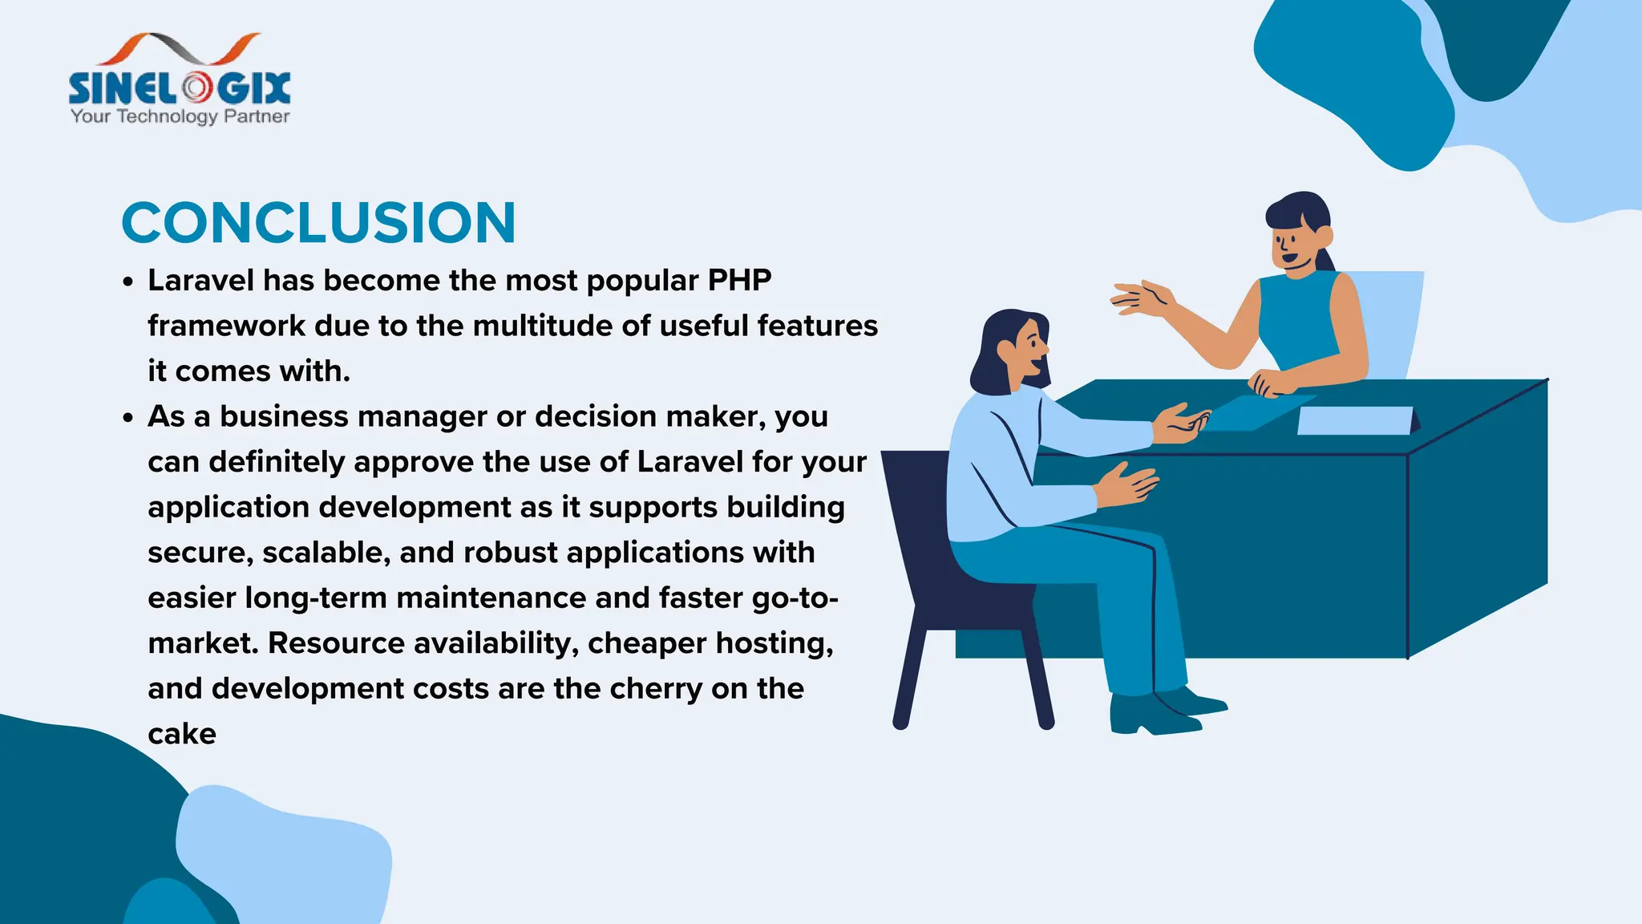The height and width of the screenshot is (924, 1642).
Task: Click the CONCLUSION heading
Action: point(318,223)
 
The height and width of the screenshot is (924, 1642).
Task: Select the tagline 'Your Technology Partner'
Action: point(180,116)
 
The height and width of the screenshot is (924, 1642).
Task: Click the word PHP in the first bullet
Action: point(739,281)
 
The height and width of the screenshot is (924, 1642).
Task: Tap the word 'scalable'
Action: point(326,553)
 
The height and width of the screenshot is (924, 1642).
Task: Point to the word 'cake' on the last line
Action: point(182,734)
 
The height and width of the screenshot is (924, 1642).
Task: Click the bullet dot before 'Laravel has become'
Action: point(128,283)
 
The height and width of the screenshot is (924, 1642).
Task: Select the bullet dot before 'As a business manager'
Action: point(128,419)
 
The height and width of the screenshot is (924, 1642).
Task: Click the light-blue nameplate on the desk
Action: point(1355,420)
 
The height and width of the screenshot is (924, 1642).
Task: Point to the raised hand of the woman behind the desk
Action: point(1143,298)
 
